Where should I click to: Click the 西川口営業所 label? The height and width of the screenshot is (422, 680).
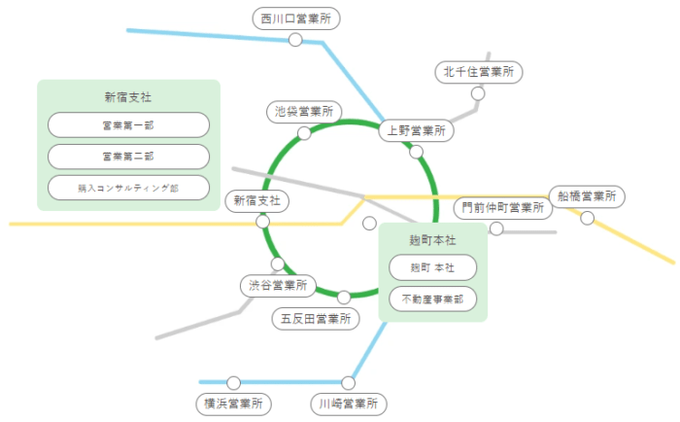[x=295, y=18]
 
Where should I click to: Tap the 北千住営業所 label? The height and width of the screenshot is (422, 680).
[x=478, y=71]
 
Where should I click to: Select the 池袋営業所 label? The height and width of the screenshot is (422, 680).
[x=304, y=112]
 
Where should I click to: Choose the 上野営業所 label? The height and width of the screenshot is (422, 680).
[x=415, y=130]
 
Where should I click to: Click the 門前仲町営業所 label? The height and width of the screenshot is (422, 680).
[x=501, y=207]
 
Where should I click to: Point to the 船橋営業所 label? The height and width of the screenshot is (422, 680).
[x=586, y=196]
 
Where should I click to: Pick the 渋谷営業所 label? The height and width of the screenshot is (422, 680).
[x=277, y=286]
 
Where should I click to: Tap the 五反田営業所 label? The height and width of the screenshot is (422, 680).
[x=314, y=318]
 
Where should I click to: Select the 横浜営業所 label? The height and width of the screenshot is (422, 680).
[x=233, y=403]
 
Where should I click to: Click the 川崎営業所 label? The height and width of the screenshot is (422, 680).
[x=349, y=403]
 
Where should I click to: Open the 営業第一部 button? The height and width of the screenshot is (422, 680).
[x=128, y=124]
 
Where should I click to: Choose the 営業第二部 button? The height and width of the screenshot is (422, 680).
[x=128, y=156]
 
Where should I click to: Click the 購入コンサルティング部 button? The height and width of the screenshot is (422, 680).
[x=128, y=187]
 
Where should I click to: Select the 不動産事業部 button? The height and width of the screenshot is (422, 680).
[x=432, y=299]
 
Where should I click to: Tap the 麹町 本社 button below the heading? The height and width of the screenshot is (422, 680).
[x=432, y=266]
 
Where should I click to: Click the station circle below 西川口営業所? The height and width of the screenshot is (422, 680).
[x=295, y=40]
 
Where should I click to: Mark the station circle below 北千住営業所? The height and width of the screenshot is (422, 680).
[x=478, y=93]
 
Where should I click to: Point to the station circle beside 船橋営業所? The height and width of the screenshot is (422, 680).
[x=587, y=218]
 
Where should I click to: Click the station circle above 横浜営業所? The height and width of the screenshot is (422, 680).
[x=233, y=382]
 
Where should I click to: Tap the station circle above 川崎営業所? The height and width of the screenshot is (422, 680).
[x=349, y=382]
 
